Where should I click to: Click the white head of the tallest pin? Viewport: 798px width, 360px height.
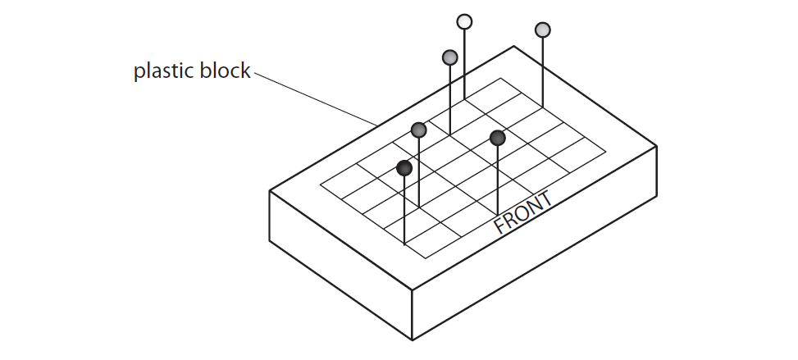coord(464,21)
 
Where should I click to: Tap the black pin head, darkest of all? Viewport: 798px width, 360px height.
coord(404,168)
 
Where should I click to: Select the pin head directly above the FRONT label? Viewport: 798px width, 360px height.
coord(497,138)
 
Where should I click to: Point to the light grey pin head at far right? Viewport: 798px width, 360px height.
coord(542,30)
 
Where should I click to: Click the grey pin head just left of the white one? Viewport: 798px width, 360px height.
coord(449,57)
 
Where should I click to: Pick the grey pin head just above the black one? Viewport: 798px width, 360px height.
coord(419,130)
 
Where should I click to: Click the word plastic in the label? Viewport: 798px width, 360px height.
coord(162,72)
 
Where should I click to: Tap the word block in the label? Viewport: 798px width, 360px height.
coord(223,71)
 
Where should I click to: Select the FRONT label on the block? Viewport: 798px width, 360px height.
coord(522,213)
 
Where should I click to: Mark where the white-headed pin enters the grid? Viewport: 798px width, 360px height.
coord(464,99)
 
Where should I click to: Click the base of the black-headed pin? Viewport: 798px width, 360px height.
coord(404,244)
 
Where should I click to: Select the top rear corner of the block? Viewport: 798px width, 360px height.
coord(514,46)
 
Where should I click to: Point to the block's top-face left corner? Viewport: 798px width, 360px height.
coord(270,191)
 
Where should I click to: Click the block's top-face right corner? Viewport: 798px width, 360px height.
coord(656,146)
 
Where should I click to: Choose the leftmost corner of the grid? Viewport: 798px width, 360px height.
coord(320,184)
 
